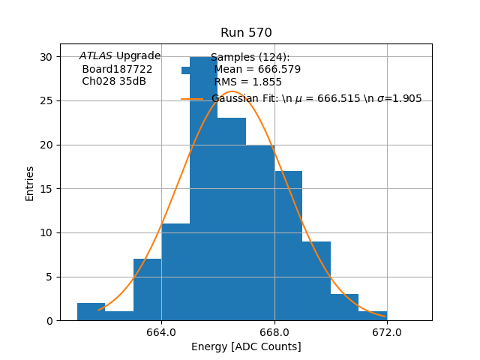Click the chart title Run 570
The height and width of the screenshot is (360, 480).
click(x=246, y=33)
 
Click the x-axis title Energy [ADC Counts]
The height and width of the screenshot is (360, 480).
click(x=246, y=346)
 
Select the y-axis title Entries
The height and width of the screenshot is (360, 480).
click(x=30, y=183)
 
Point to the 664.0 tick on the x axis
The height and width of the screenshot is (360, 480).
click(x=161, y=332)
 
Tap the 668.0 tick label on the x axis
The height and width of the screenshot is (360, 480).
click(x=274, y=332)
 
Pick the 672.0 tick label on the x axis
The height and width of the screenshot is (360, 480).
click(x=387, y=332)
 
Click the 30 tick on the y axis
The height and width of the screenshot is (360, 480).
click(x=46, y=57)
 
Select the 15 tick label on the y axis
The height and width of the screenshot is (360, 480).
click(x=46, y=189)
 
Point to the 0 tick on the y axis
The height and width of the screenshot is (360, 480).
click(x=49, y=321)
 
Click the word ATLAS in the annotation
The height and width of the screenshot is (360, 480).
click(x=96, y=56)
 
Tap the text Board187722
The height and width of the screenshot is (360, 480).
click(x=117, y=69)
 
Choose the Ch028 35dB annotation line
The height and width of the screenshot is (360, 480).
click(x=114, y=82)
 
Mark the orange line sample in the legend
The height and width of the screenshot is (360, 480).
click(x=192, y=99)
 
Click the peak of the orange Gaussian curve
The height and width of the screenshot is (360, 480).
click(x=232, y=91)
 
